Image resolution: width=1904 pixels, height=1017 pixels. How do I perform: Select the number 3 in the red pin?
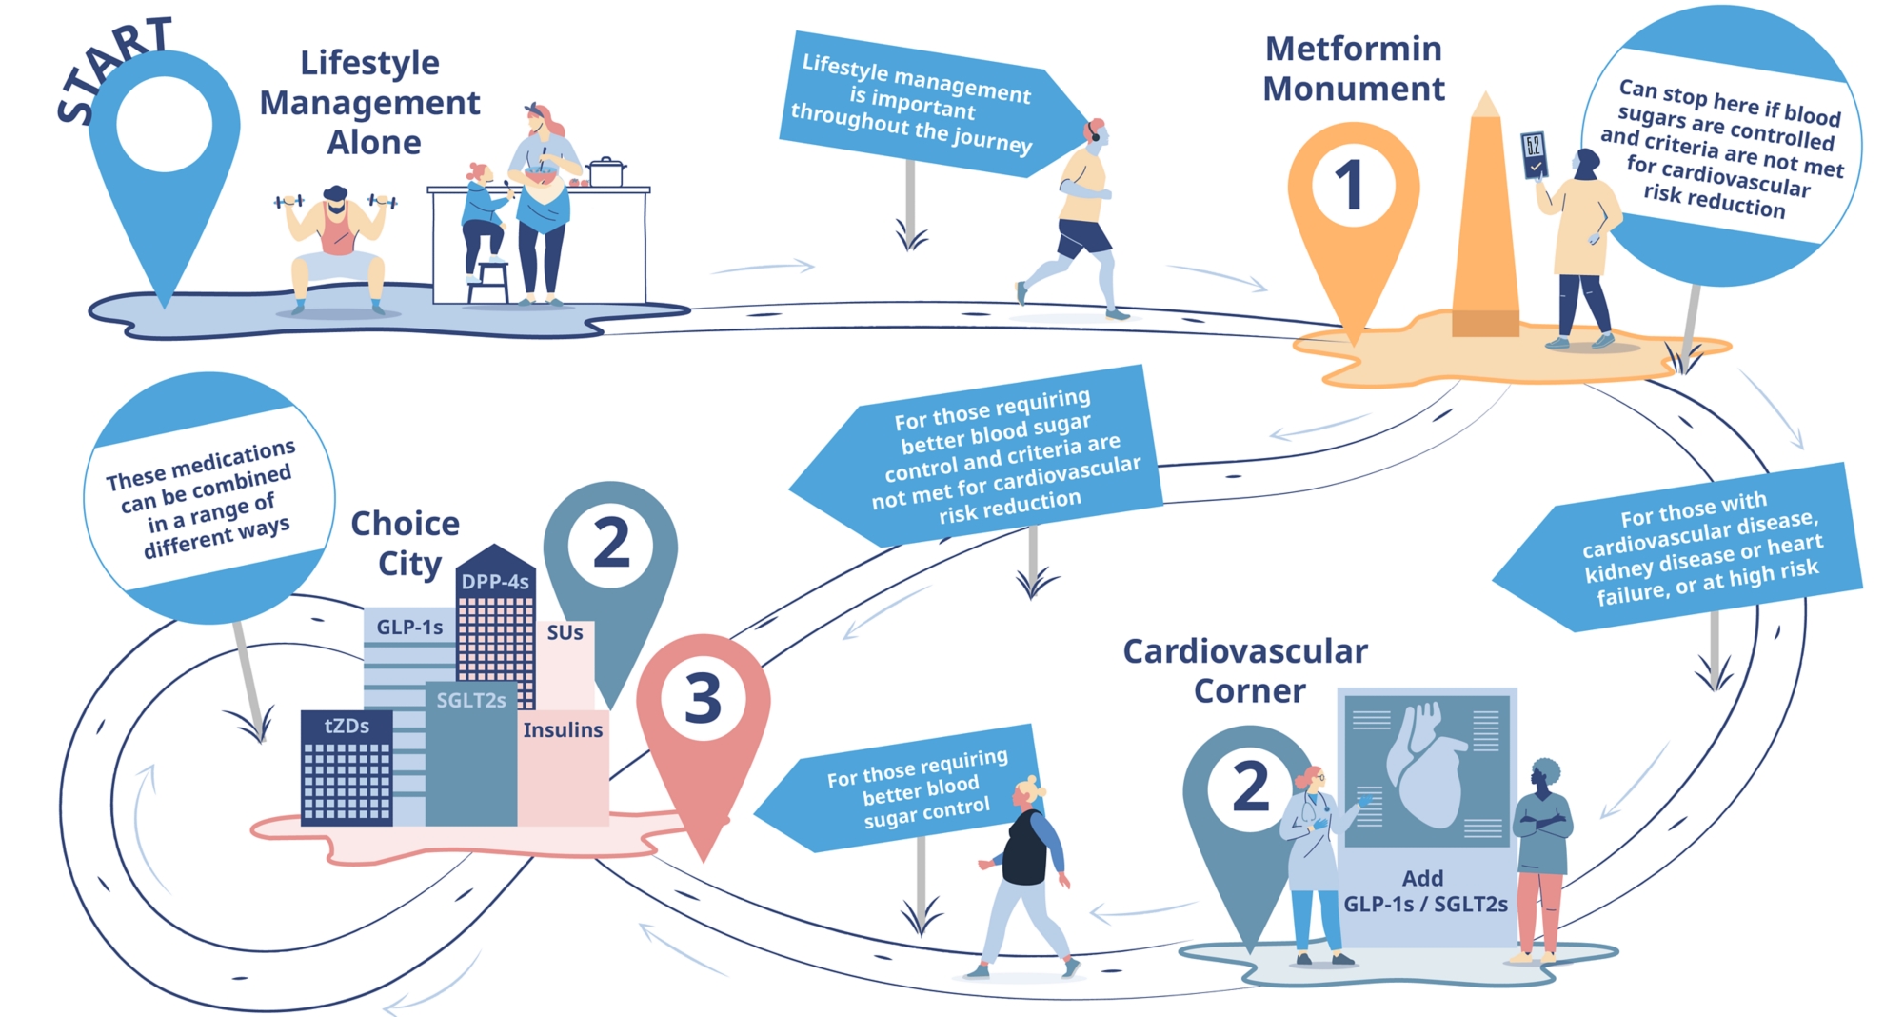[x=704, y=700]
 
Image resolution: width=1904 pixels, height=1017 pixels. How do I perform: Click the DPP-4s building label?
[x=495, y=582]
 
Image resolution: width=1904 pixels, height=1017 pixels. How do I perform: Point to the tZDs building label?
[x=347, y=726]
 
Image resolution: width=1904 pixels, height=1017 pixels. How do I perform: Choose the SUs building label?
[x=565, y=632]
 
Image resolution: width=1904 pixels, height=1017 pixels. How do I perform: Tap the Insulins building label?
[x=563, y=730]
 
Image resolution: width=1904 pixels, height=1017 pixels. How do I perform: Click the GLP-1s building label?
[x=409, y=627]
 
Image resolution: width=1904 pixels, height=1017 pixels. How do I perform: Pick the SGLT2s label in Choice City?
[x=471, y=701]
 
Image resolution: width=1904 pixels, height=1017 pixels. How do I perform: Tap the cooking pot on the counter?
[x=605, y=172]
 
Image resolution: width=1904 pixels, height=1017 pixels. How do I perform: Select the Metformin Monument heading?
[x=1353, y=69]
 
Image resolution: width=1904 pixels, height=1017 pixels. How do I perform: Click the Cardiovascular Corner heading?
[x=1246, y=670]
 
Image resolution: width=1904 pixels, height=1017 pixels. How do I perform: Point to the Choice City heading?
[x=406, y=543]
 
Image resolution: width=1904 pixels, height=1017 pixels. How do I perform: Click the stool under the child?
[x=488, y=280]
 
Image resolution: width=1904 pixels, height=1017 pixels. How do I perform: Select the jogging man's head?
[x=1095, y=132]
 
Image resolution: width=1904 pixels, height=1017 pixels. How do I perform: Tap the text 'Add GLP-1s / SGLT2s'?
[x=1424, y=891]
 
